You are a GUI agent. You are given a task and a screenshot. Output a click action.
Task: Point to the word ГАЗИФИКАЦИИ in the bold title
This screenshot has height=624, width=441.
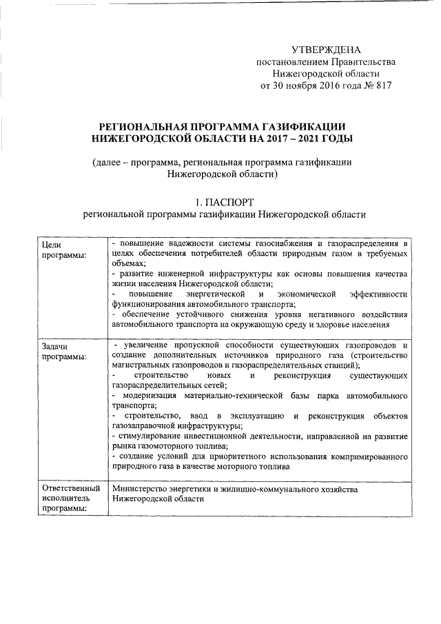(298, 126)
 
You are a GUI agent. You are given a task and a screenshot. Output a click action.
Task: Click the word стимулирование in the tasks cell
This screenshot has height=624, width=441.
(154, 436)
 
